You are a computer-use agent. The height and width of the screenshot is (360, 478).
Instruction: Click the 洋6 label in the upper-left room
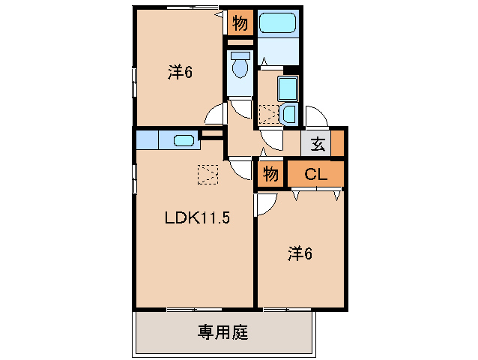click(181, 72)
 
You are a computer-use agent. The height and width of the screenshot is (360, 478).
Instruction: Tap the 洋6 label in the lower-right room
click(299, 254)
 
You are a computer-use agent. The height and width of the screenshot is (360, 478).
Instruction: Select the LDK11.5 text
click(196, 218)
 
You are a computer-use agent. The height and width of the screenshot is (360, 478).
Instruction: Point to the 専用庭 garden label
click(223, 331)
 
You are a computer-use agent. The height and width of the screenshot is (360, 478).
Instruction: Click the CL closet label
click(315, 175)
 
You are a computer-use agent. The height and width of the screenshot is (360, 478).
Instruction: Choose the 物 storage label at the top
click(240, 23)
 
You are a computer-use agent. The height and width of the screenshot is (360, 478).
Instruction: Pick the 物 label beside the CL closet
click(270, 175)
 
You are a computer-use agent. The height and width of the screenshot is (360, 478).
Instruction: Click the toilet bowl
click(240, 67)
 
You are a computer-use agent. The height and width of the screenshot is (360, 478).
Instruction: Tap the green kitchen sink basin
click(184, 139)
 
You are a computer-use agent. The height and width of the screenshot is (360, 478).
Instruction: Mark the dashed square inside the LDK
click(207, 174)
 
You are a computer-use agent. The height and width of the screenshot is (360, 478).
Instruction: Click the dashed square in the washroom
click(267, 115)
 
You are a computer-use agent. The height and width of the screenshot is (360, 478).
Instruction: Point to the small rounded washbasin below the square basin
click(288, 115)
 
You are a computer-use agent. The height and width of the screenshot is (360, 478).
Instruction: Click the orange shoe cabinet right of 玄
click(337, 142)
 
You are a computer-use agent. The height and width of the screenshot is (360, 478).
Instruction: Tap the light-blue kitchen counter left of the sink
click(148, 139)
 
